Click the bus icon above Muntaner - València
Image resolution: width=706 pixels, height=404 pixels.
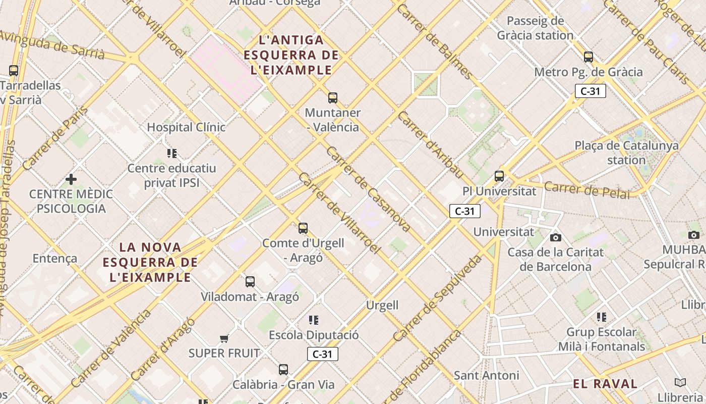(x=332, y=97)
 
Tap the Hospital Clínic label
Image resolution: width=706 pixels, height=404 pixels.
(x=186, y=127)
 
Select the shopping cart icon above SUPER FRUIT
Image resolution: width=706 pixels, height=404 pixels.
(x=224, y=338)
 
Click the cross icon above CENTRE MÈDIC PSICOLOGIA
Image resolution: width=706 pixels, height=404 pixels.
(x=71, y=179)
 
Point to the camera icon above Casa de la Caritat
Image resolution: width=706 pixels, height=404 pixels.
(x=555, y=237)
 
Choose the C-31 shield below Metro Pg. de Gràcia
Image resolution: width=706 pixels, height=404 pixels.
(x=590, y=91)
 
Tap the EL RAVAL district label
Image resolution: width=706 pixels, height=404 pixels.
(x=605, y=384)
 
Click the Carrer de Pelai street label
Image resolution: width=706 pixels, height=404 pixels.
(x=587, y=190)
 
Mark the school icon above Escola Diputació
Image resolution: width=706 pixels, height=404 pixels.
(x=314, y=320)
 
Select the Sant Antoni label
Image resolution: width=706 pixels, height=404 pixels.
(x=486, y=375)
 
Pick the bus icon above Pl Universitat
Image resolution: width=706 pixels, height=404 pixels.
(x=499, y=176)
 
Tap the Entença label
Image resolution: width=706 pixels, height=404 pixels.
(x=55, y=259)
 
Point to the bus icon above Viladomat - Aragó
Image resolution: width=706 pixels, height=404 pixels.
(x=250, y=282)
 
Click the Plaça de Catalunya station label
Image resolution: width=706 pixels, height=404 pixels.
(x=626, y=153)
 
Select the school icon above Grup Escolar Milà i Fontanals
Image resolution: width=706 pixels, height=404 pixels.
(x=601, y=317)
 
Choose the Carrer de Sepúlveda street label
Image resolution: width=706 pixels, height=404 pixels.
(x=438, y=298)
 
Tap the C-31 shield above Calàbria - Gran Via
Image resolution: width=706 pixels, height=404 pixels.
(x=322, y=354)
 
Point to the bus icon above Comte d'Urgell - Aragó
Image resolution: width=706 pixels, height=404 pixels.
(x=303, y=228)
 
